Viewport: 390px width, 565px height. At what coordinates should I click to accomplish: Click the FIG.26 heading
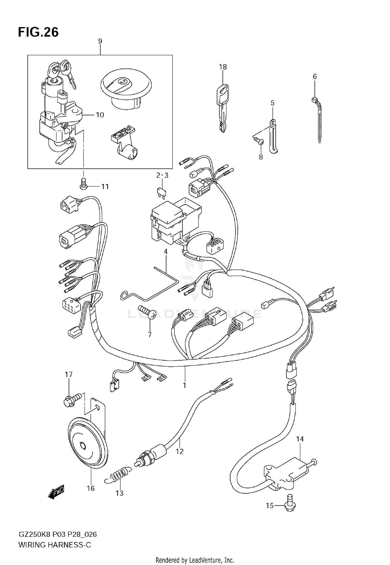pos(38,32)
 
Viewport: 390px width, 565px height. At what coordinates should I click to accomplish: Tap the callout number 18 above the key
pos(223,67)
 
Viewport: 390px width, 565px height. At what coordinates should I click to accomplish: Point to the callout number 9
pos(100,41)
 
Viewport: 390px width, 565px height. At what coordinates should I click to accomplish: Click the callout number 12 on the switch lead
pos(180,451)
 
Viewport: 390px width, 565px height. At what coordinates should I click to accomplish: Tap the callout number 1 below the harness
pos(185,385)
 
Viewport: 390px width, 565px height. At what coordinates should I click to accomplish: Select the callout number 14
pos(300,439)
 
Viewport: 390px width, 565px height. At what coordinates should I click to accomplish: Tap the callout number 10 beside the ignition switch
pos(100,115)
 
